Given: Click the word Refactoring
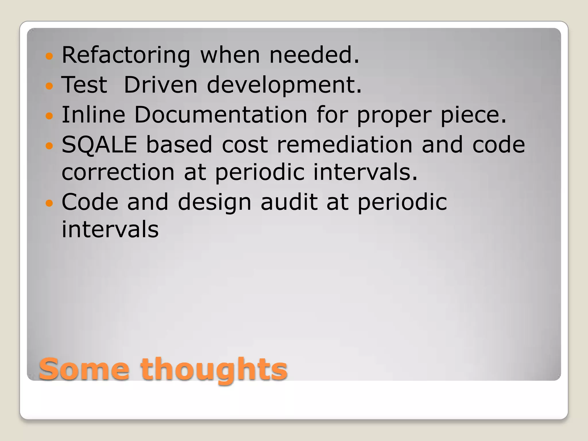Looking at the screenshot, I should point(126,55).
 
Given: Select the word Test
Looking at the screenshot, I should point(84,85).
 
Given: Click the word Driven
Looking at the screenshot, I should point(160,85).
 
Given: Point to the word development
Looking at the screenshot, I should point(284,85).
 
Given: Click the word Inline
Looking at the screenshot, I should point(94,115).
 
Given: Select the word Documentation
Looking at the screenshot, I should point(220,115).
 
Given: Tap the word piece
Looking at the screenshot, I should point(473,115).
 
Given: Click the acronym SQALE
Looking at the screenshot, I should point(99,144).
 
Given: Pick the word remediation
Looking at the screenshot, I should point(345,144).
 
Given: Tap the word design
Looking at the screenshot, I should point(214,203).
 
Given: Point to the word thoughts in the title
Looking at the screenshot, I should point(214,370).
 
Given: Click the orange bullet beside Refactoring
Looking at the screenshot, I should point(49,56).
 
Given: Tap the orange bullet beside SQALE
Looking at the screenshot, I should point(49,146).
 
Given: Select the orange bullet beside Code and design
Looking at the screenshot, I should point(49,203).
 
